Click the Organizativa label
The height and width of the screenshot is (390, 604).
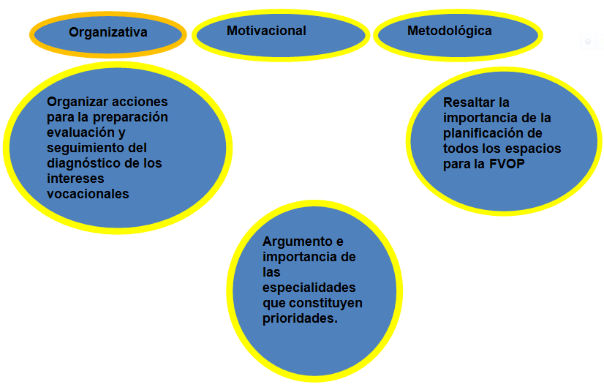coord(107,32)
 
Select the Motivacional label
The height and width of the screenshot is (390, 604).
coord(266,31)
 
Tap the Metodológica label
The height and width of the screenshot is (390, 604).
coord(449,31)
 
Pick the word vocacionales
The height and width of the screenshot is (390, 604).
coord(88,194)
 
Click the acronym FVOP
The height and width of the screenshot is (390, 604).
coord(507,164)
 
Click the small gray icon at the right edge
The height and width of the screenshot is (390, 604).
coord(588,42)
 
